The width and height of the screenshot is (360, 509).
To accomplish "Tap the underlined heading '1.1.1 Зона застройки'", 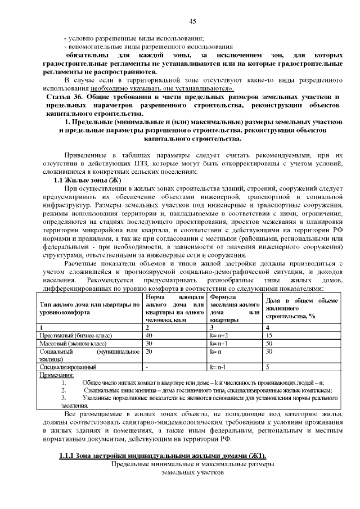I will [x=163, y=455].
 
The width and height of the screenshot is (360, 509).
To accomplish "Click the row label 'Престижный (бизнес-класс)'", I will [x=75, y=335].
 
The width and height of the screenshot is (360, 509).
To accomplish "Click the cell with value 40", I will [x=149, y=335].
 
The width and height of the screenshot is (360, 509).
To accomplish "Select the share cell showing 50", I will [x=269, y=343].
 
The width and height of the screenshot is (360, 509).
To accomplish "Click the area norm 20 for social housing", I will [x=149, y=350].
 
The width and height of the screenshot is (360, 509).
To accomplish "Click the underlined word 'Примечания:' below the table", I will [x=55, y=374].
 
